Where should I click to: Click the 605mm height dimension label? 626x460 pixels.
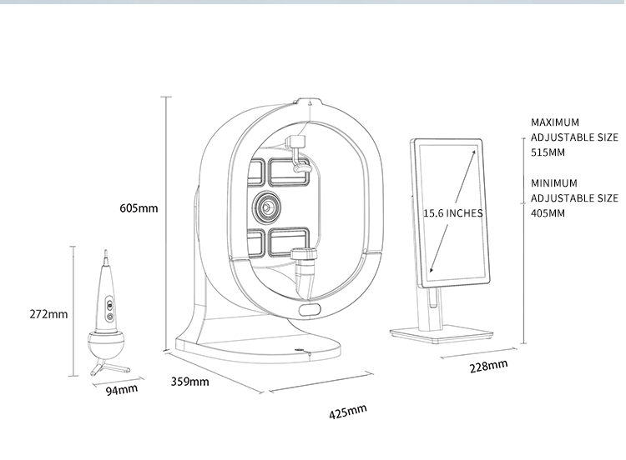coord(139,208)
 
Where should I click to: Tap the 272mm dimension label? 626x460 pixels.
coord(48,314)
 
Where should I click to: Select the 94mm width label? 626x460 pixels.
coord(122,389)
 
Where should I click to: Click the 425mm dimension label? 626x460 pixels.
coord(348,412)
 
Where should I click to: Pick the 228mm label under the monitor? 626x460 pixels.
coord(488,367)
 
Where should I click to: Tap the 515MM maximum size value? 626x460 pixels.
coord(548,153)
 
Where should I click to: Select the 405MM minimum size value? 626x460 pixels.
coord(548,213)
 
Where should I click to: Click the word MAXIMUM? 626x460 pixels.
coord(555,122)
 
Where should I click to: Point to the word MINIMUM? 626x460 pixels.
coord(554,182)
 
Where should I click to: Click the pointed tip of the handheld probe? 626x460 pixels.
coord(105,254)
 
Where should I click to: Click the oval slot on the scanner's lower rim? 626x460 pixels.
coord(309,311)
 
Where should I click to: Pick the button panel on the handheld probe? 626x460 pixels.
coord(109,311)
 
